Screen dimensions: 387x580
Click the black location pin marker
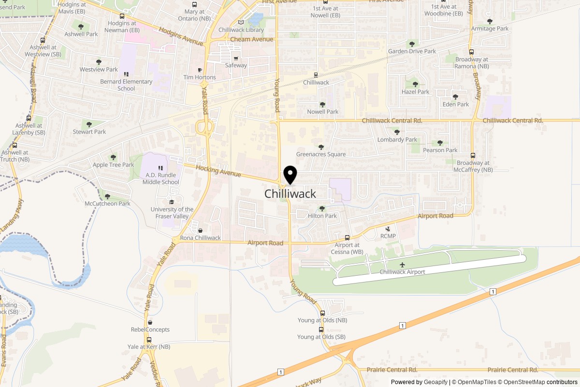[x=290, y=175]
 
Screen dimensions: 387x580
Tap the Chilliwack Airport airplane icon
[x=402, y=265]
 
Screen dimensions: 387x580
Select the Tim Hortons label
[x=200, y=77]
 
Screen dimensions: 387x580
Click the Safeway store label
[x=236, y=65]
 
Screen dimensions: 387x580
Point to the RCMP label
[x=388, y=236]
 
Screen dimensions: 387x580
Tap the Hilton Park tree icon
[x=322, y=209]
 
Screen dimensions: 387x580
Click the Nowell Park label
[x=322, y=112]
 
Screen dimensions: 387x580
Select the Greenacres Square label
[x=321, y=154]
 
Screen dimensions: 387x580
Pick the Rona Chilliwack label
[x=200, y=238]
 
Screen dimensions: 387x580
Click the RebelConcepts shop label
[x=150, y=329]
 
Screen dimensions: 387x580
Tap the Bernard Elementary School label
[x=126, y=85]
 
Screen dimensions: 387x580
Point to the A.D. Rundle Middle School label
[x=160, y=179]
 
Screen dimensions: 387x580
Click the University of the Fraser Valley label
[x=172, y=213]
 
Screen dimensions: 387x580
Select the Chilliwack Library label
[x=241, y=30]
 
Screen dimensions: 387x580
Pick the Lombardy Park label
[x=397, y=140]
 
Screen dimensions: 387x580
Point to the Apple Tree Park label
[x=114, y=165]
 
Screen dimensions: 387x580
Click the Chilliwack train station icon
[x=316, y=75]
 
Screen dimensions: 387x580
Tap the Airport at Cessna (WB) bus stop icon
[x=347, y=238]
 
